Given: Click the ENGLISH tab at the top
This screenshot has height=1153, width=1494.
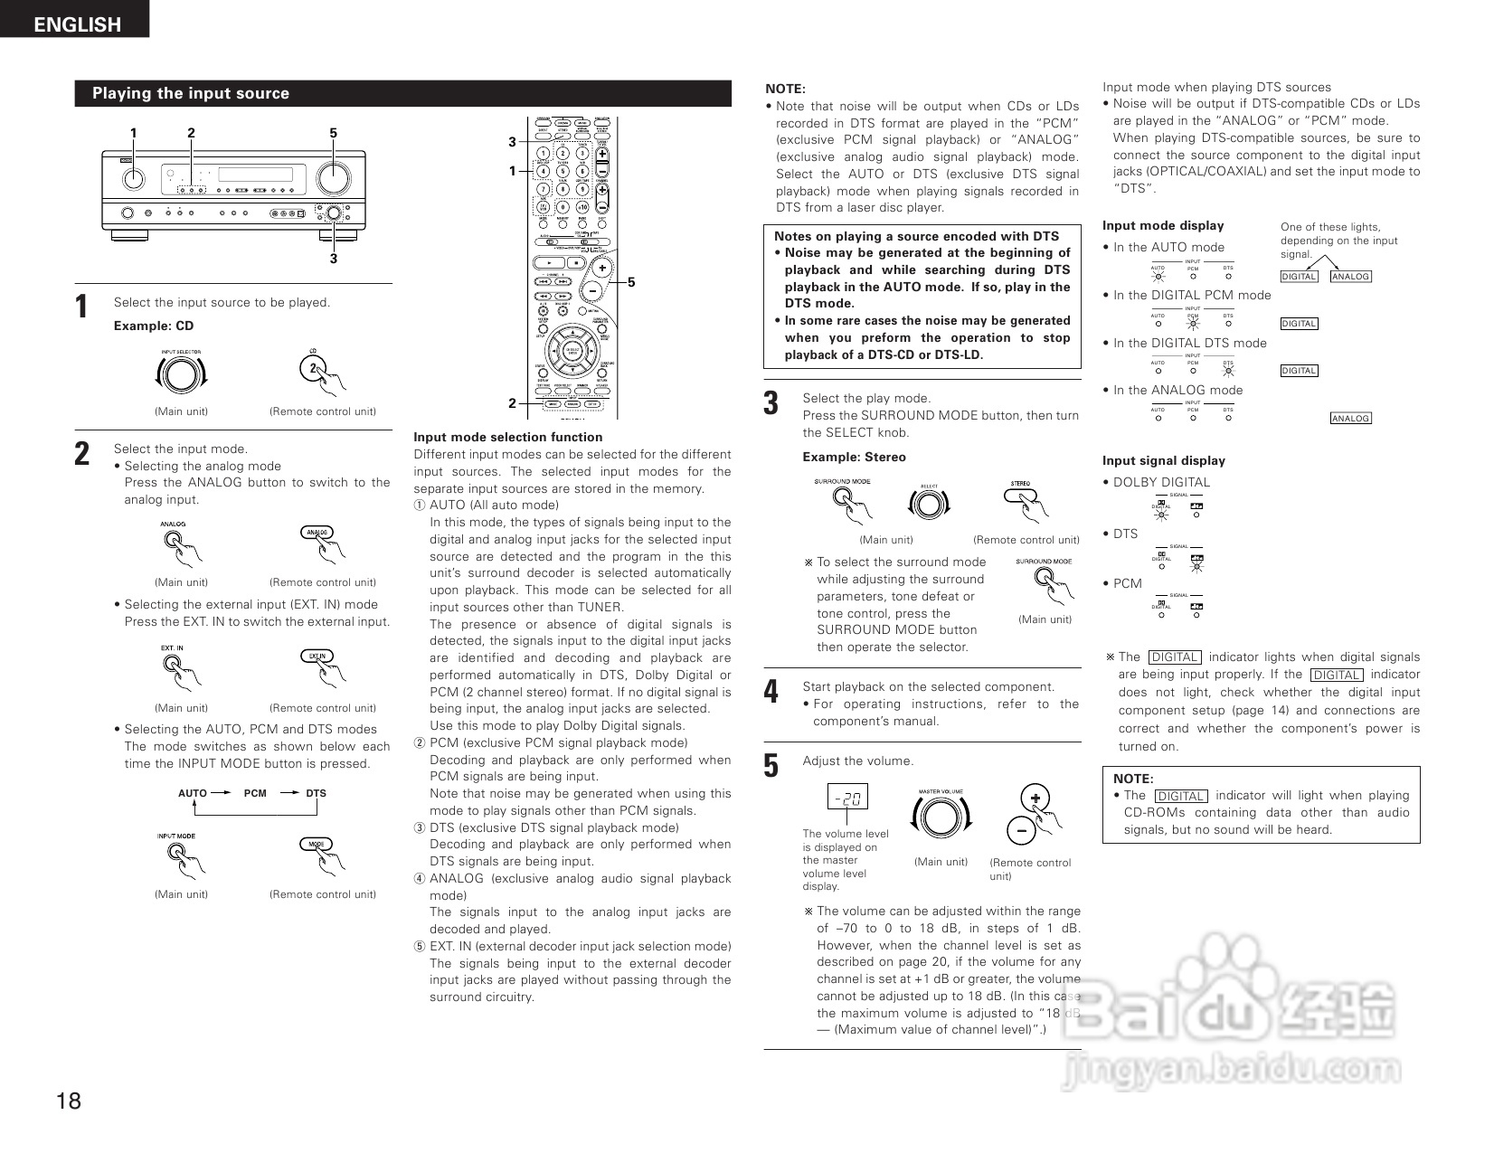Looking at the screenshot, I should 76,24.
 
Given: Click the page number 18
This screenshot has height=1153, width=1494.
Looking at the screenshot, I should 69,1101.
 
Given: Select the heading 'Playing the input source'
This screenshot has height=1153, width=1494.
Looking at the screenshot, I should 191,93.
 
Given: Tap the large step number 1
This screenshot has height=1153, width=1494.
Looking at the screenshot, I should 82,307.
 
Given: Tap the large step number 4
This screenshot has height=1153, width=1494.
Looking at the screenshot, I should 771,692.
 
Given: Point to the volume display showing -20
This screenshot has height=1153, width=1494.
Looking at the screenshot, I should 847,797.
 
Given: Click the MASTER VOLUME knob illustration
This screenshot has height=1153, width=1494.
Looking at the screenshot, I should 941,818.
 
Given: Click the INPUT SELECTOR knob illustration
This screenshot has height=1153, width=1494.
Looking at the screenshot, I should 181,374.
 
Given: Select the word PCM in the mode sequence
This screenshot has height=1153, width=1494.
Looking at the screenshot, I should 255,793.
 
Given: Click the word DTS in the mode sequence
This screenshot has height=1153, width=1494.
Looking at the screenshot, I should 316,793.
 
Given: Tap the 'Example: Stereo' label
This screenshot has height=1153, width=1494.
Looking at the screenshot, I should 854,457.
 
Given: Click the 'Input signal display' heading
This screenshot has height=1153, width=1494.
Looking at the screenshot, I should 1163,460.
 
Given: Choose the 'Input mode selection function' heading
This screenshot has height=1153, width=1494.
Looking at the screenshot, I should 507,437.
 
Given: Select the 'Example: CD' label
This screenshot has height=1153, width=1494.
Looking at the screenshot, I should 153,326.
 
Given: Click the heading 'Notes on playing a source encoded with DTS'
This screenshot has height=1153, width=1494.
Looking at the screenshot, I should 916,236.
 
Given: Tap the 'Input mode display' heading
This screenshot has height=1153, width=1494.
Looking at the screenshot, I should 1162,225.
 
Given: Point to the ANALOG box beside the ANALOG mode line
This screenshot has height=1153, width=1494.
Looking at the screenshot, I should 1350,418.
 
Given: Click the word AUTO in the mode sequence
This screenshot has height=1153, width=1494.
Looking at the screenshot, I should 193,793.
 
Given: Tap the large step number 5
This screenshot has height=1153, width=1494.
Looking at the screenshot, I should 771,766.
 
